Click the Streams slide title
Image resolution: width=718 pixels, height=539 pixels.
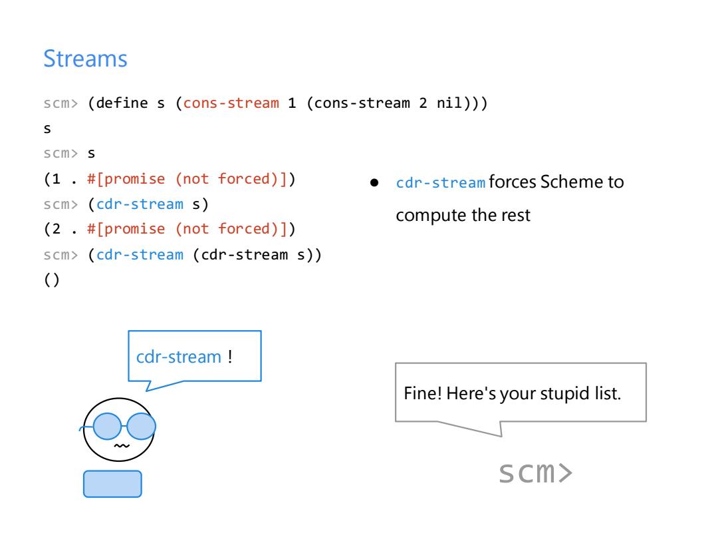coord(85,59)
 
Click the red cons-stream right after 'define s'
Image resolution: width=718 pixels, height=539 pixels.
coord(231,103)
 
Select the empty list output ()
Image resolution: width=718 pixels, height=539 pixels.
coord(52,279)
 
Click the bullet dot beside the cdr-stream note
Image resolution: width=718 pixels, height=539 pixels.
coord(374,183)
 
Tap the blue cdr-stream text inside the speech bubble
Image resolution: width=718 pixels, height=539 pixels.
coord(179,357)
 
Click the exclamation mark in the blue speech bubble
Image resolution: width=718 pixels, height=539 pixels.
coord(230,356)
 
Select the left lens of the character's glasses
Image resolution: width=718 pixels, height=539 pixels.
coord(107,427)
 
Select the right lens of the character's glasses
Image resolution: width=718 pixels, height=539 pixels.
coord(141,427)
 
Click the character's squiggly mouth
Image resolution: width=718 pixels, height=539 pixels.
coord(122,445)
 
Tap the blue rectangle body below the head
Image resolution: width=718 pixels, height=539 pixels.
coord(112,484)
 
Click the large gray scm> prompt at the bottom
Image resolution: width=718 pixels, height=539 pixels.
coord(535,472)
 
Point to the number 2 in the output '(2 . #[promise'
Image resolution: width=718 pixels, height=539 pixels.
coord(56,229)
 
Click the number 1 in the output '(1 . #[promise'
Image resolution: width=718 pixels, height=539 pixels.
coord(56,179)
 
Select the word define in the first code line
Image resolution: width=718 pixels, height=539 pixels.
coord(122,103)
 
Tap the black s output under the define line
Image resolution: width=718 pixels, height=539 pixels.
coord(47,129)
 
